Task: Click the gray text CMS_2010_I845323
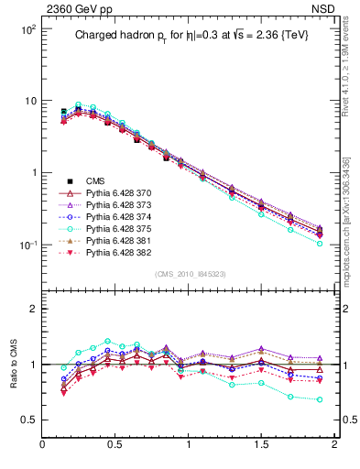pyautogui.click(x=189, y=274)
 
